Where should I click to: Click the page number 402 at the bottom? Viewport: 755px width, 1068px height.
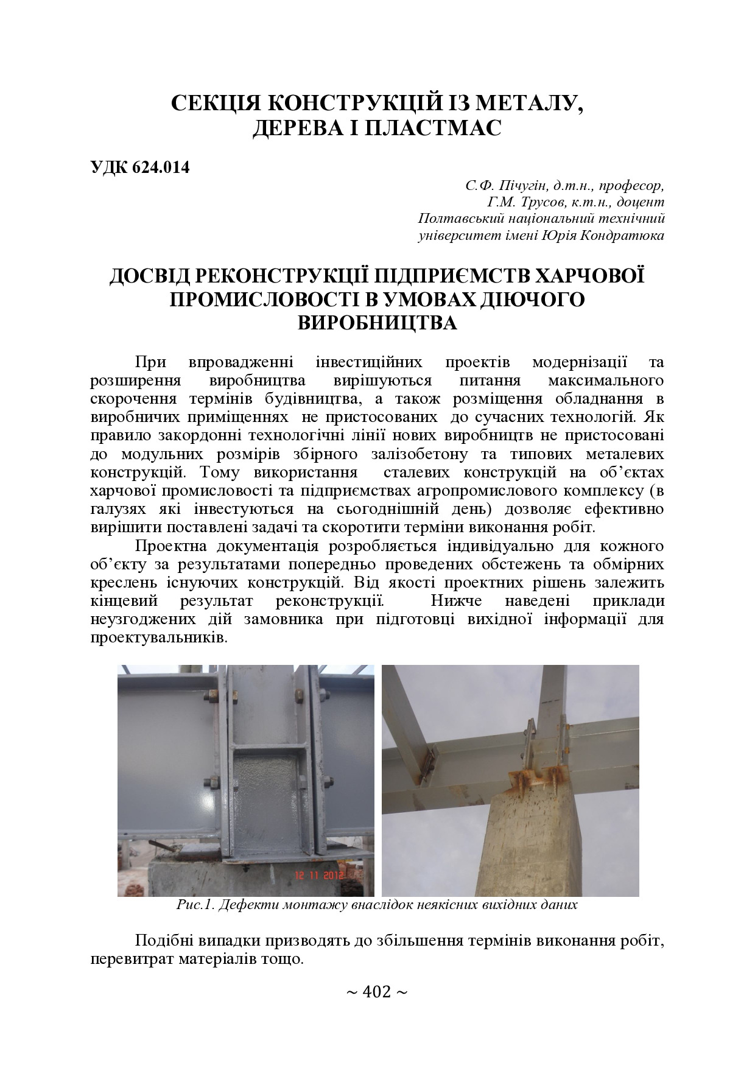(377, 992)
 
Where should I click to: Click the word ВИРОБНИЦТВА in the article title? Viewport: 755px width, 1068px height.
(377, 322)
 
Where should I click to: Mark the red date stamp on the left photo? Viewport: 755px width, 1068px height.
(320, 875)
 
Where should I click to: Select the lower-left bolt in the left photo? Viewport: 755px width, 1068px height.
(212, 784)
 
